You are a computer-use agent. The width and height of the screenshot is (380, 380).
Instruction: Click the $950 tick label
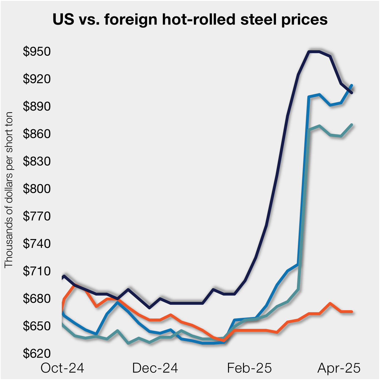point(37,52)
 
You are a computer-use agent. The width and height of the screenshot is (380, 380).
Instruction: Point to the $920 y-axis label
point(37,79)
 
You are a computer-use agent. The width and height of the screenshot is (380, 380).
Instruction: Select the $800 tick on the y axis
point(37,189)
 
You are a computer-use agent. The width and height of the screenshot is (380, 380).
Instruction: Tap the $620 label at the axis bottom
point(37,354)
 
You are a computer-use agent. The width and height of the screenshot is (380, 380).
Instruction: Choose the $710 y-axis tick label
point(37,271)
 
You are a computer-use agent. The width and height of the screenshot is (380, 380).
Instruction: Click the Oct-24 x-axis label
point(62,368)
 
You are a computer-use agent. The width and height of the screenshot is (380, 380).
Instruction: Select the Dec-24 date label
point(155,368)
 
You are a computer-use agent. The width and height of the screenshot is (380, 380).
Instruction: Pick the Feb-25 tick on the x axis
point(249,368)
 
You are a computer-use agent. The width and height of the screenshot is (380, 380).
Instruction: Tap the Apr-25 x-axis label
point(339,368)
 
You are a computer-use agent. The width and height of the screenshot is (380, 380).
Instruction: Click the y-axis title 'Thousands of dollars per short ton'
point(9,190)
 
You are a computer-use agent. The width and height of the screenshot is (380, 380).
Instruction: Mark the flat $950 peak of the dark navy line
point(314,52)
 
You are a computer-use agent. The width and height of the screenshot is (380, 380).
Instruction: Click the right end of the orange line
point(352,312)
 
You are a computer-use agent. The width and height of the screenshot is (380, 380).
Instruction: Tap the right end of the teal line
point(352,125)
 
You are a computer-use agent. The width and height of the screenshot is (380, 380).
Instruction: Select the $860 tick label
point(37,134)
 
